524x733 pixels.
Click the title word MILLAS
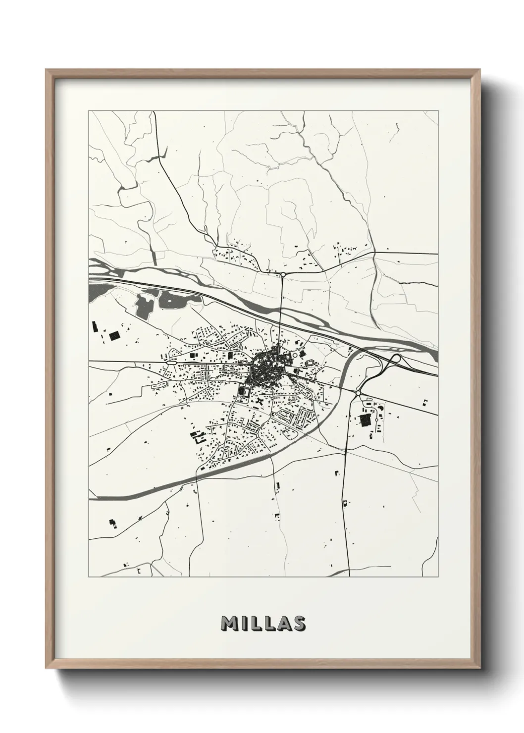point(263,624)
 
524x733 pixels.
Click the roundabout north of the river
point(283,273)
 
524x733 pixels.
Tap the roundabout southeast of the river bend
point(358,393)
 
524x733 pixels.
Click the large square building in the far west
point(114,336)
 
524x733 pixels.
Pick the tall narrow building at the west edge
point(94,327)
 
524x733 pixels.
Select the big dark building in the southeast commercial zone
point(366,420)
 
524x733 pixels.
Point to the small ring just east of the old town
point(296,354)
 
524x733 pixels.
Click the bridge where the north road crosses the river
point(281,313)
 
